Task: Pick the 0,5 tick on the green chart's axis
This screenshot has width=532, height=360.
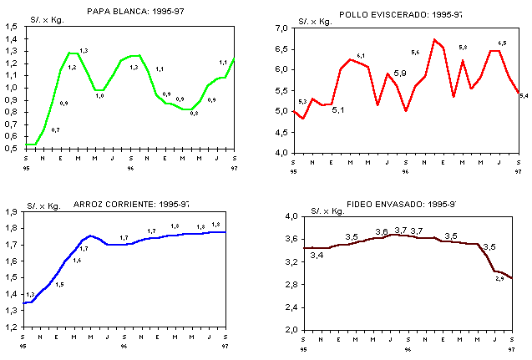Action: click(x=12, y=149)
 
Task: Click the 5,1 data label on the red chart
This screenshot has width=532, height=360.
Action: click(x=338, y=110)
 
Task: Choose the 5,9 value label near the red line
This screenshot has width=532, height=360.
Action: click(x=400, y=74)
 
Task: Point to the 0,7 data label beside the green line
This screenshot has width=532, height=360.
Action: click(x=55, y=130)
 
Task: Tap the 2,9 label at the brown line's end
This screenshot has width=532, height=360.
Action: click(x=499, y=278)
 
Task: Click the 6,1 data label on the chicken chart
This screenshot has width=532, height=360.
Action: click(x=361, y=56)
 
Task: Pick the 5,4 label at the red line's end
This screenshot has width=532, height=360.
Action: click(x=523, y=97)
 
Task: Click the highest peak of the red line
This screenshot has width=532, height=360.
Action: click(x=434, y=39)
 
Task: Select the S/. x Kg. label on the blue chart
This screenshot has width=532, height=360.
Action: click(x=41, y=204)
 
